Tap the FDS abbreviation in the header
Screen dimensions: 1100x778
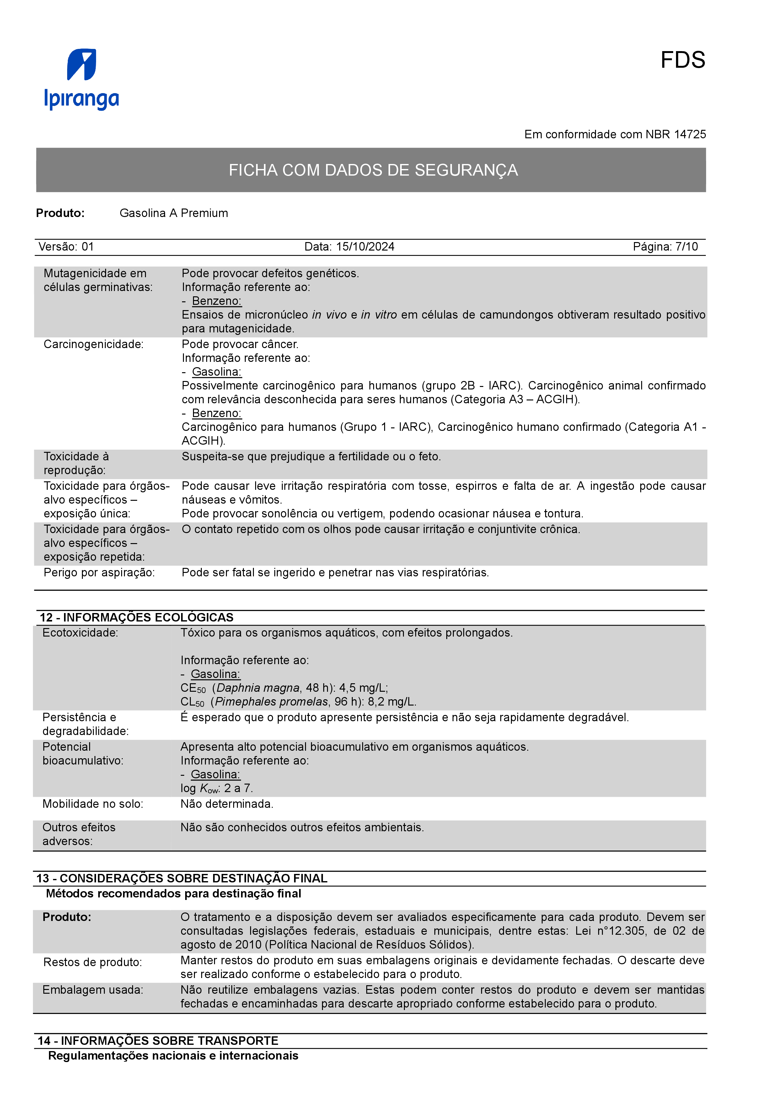(x=682, y=61)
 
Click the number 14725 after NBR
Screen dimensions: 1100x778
(x=690, y=135)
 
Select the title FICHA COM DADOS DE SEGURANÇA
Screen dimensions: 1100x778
(x=373, y=170)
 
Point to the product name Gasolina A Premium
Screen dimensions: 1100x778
(x=174, y=213)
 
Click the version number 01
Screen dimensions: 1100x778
(x=88, y=247)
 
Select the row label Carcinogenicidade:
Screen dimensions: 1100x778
(x=94, y=345)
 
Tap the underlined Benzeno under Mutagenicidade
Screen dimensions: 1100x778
(x=217, y=301)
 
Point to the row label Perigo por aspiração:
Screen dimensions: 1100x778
(x=99, y=573)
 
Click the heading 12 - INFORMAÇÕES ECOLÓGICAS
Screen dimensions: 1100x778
(x=137, y=617)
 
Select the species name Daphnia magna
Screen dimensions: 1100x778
(x=258, y=688)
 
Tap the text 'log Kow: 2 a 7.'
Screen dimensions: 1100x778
(x=217, y=789)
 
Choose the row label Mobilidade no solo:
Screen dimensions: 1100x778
(x=93, y=804)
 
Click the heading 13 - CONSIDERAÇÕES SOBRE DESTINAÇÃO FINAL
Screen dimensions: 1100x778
(x=182, y=878)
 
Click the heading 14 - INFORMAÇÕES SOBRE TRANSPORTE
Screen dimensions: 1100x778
(x=158, y=1041)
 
